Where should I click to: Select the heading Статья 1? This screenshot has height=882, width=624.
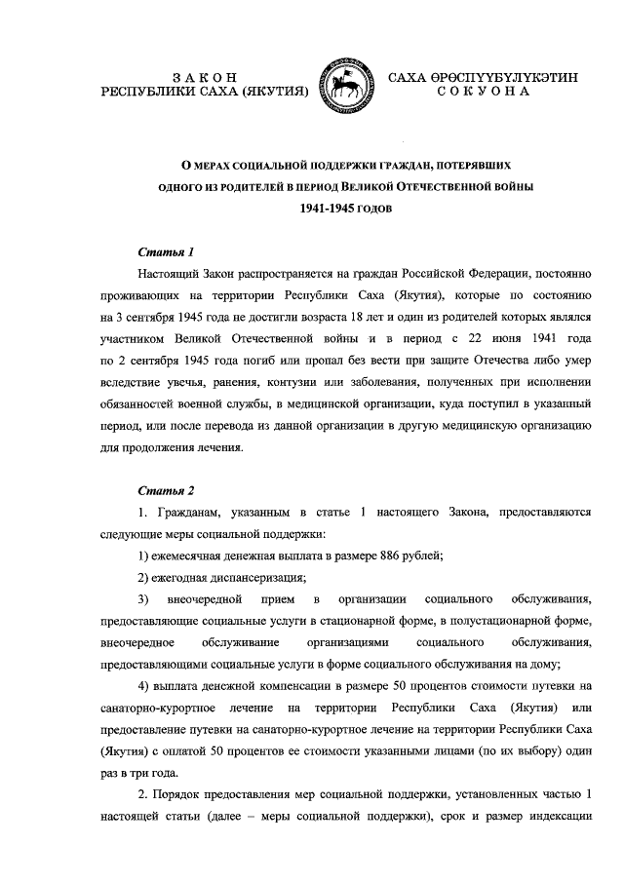pyautogui.click(x=159, y=251)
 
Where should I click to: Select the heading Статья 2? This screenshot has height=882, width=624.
pyautogui.click(x=159, y=490)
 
